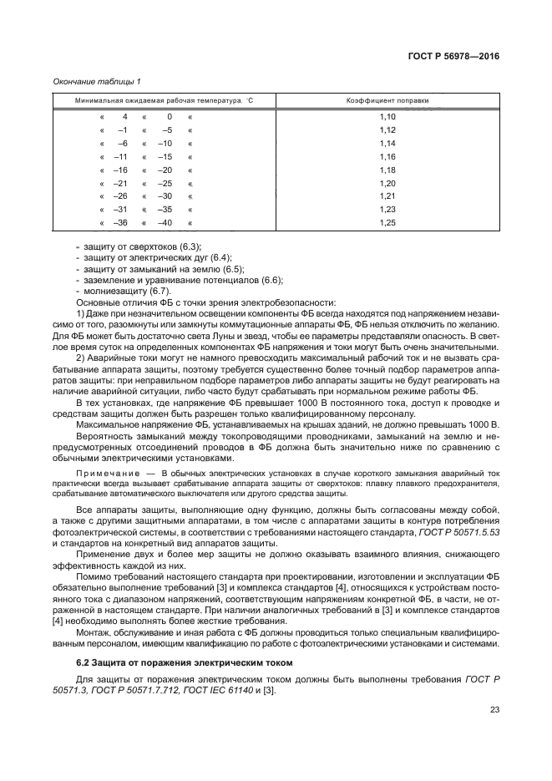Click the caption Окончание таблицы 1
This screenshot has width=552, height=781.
coord(96,81)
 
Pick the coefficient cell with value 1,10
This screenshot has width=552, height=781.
coord(387,117)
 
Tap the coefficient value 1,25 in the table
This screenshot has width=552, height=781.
coord(387,223)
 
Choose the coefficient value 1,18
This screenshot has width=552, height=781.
coord(387,170)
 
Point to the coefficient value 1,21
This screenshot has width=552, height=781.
coord(387,196)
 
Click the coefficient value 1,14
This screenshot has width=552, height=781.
coord(387,144)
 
